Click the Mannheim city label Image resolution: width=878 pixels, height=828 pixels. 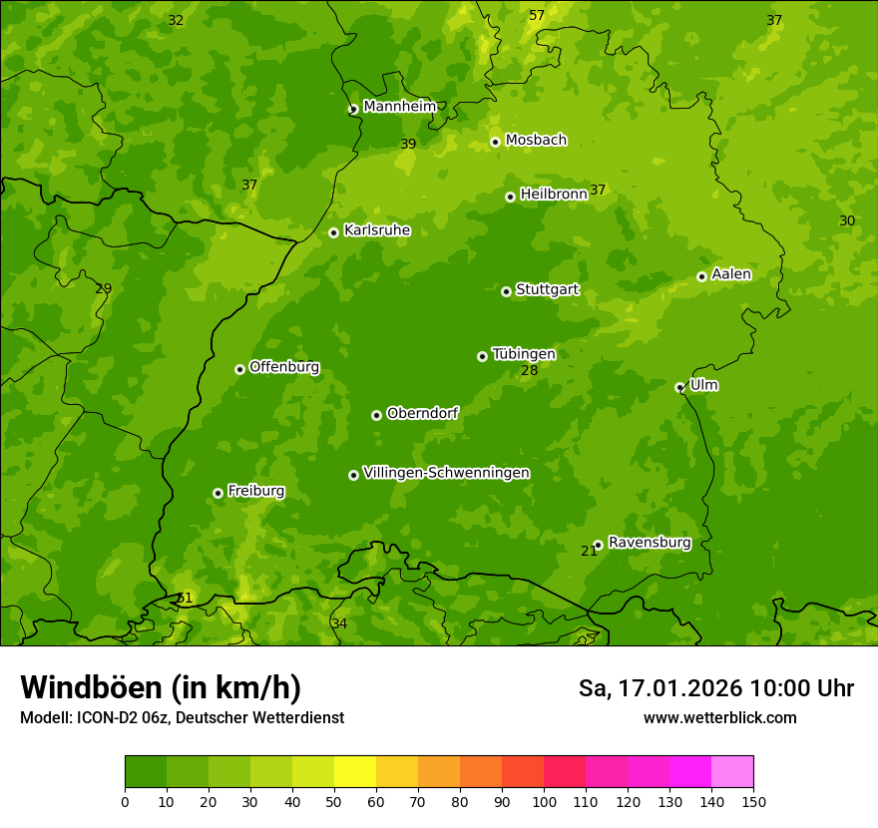tap(399, 106)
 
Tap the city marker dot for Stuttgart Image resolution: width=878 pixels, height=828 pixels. tap(506, 291)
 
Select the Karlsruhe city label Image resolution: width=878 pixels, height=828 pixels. tap(377, 230)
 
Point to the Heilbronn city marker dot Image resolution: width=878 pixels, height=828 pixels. tap(510, 197)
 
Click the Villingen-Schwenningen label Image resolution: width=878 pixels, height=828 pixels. tap(446, 473)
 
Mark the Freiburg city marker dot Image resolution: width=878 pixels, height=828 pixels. tap(218, 493)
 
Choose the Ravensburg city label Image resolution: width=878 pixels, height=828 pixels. tap(650, 543)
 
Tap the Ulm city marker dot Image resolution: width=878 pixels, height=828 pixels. tap(679, 387)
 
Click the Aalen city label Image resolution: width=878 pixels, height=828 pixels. tap(731, 274)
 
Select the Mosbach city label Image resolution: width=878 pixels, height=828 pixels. tap(536, 141)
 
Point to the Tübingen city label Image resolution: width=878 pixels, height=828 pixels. tap(524, 354)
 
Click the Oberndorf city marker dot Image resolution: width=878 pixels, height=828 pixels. tap(376, 415)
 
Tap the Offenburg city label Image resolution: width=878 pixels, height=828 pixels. tap(284, 367)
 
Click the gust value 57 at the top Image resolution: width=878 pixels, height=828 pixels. tap(537, 15)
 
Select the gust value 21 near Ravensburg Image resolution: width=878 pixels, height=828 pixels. tap(589, 551)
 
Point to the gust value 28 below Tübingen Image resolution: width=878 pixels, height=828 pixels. tap(529, 371)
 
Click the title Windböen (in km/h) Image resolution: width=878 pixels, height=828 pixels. tap(161, 687)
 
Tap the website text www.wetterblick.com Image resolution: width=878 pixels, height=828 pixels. tap(719, 717)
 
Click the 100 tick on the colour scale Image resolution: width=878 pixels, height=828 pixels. tap(544, 801)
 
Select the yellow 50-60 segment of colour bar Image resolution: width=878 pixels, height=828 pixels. tap(355, 772)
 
